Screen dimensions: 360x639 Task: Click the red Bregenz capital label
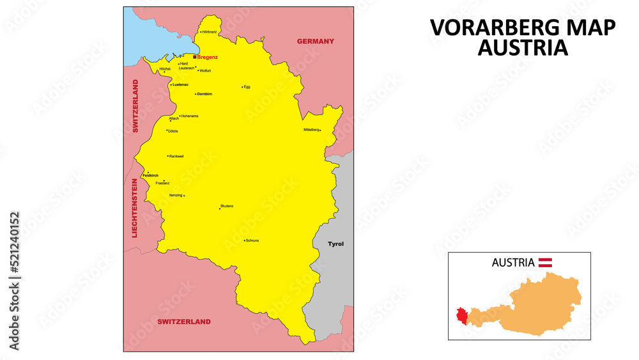click(208, 57)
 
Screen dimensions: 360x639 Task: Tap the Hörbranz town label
click(210, 32)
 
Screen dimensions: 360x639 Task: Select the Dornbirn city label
click(204, 94)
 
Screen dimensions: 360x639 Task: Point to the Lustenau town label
click(180, 84)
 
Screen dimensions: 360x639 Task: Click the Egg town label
click(247, 87)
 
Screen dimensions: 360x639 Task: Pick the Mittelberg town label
click(311, 130)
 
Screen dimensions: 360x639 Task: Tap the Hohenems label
click(190, 116)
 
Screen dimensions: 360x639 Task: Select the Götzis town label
click(173, 130)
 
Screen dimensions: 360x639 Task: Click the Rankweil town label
click(176, 156)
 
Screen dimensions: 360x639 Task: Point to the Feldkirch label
click(151, 175)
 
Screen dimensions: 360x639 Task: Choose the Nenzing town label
click(176, 195)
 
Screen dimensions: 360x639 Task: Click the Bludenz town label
click(227, 206)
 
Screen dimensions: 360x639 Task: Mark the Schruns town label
click(252, 240)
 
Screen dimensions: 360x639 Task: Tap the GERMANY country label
click(315, 42)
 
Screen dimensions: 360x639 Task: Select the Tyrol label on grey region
click(335, 244)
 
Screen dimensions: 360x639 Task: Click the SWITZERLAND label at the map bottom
click(184, 322)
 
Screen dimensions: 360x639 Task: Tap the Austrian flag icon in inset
click(546, 262)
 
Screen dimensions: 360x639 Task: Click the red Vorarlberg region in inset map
click(461, 316)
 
